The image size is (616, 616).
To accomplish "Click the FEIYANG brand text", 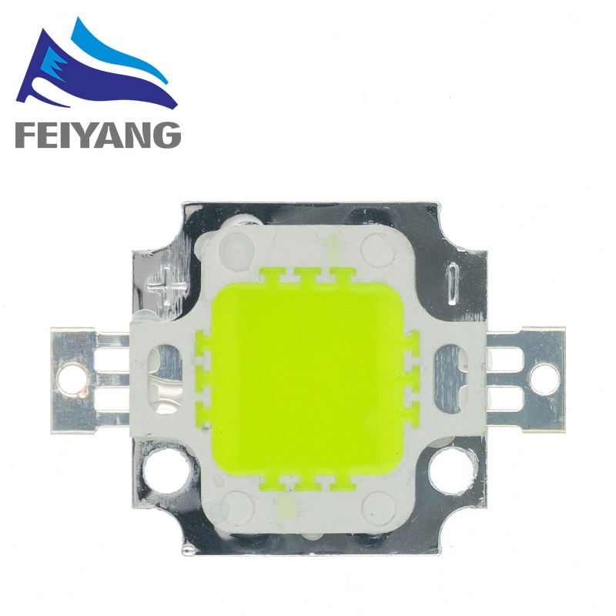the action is click(x=99, y=136).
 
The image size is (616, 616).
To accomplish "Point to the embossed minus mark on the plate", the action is click(x=454, y=283).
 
